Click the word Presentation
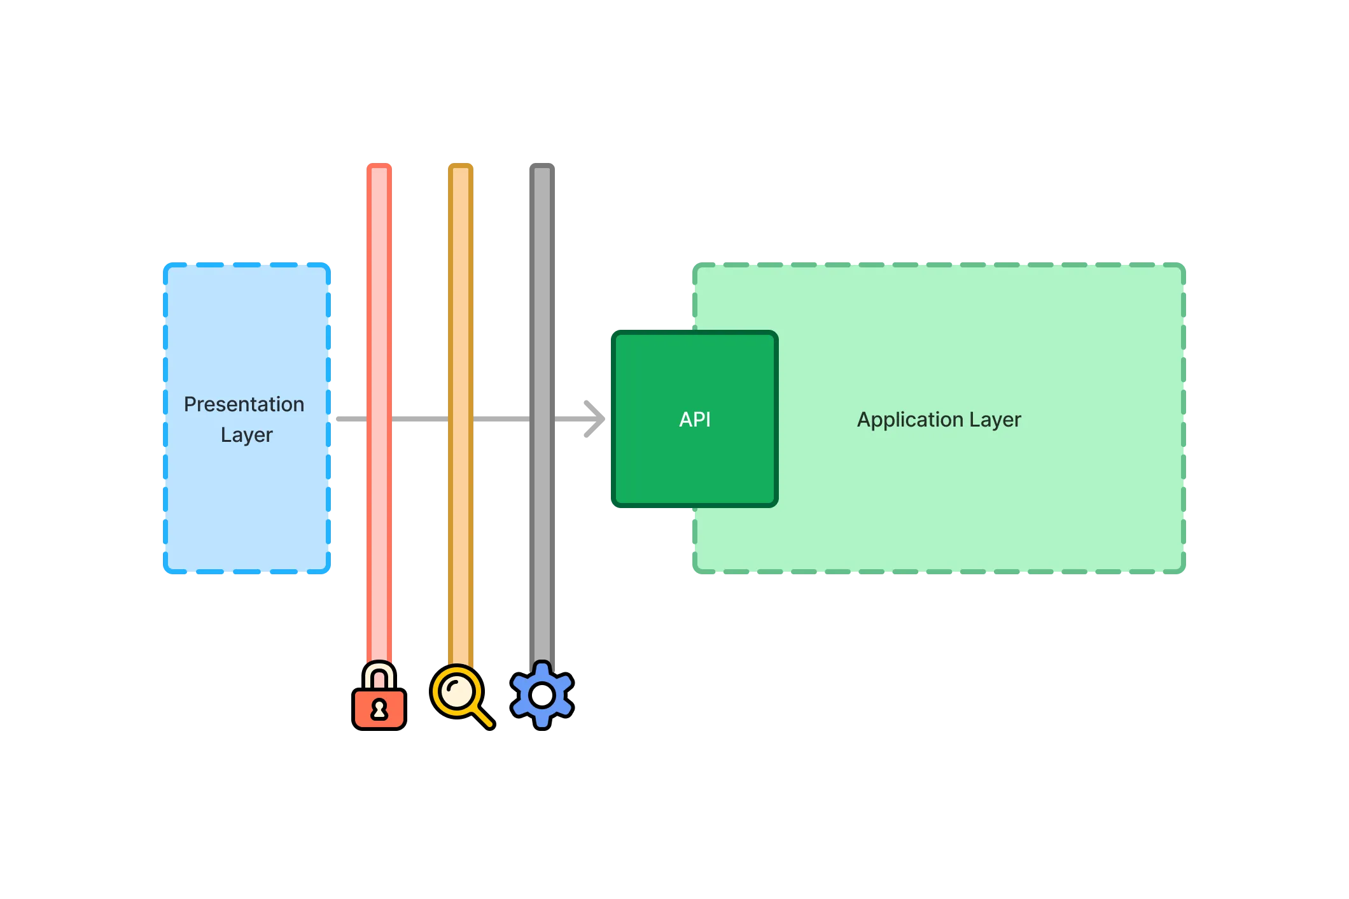pyautogui.click(x=244, y=404)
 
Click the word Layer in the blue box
pyautogui.click(x=246, y=435)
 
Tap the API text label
pyautogui.click(x=694, y=420)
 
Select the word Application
pyautogui.click(x=909, y=420)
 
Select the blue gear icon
pyautogui.click(x=542, y=694)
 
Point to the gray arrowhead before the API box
pyautogui.click(x=594, y=418)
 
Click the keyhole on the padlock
pyautogui.click(x=379, y=709)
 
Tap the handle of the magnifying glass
pyautogui.click(x=483, y=717)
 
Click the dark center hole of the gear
pyautogui.click(x=542, y=695)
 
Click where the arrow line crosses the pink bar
pyautogui.click(x=379, y=418)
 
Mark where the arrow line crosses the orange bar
pyautogui.click(x=461, y=418)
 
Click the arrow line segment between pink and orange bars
pyautogui.click(x=420, y=418)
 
